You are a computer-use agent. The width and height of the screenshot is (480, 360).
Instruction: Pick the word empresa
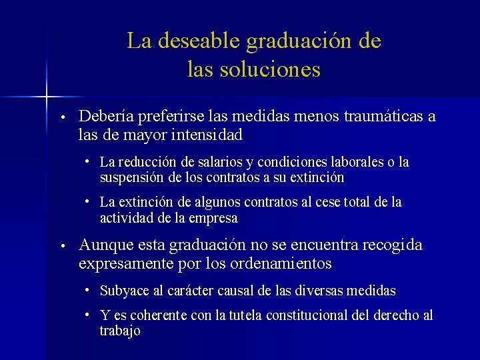point(215,218)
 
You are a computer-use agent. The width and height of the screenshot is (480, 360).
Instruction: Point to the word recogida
point(392,245)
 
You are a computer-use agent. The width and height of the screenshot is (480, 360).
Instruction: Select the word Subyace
point(122,291)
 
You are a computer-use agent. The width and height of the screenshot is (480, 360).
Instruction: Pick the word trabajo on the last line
point(120,331)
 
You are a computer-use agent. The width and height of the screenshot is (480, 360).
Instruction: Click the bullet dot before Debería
point(61,117)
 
